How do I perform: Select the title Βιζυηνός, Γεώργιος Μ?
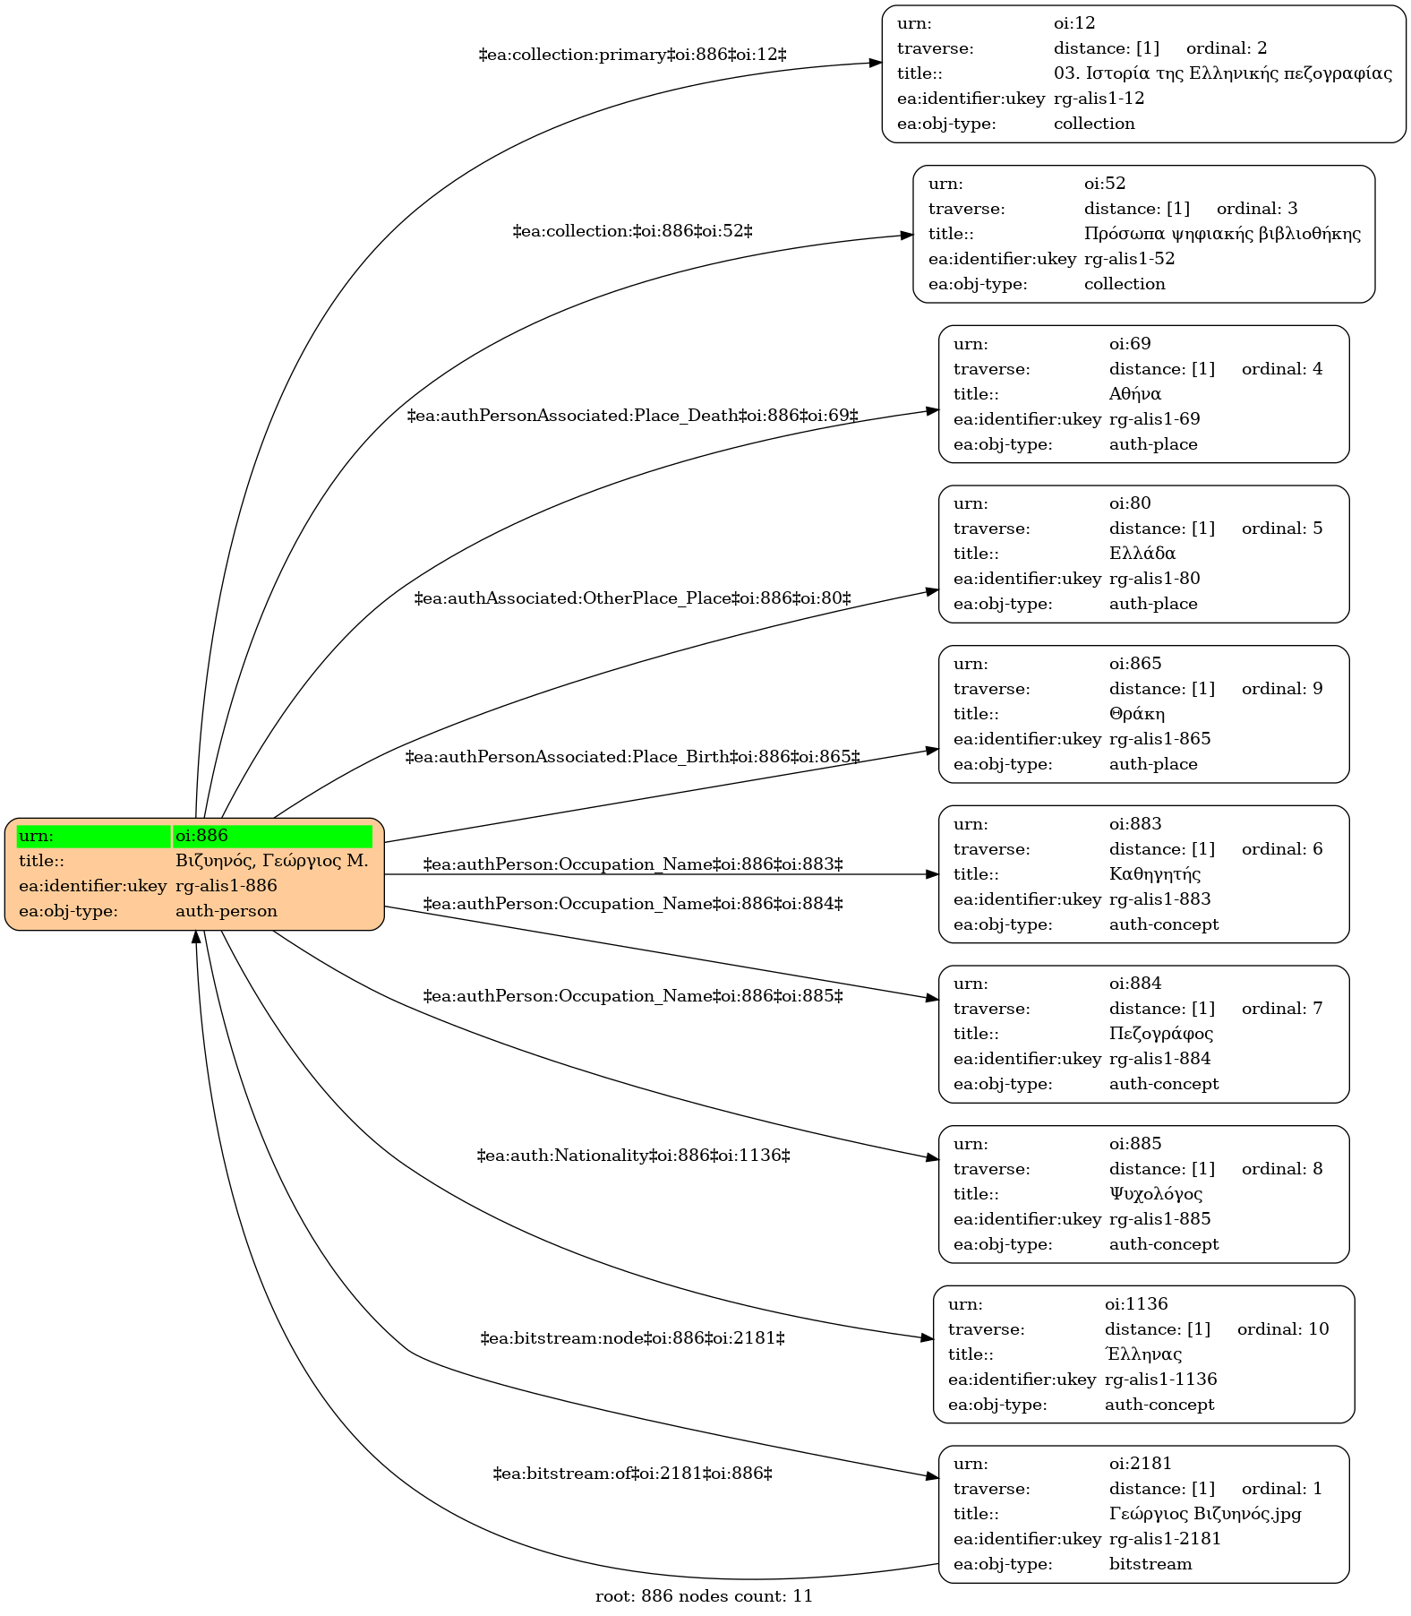pyautogui.click(x=272, y=861)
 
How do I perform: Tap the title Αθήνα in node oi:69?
pyautogui.click(x=1135, y=394)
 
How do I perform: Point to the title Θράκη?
pyautogui.click(x=1137, y=714)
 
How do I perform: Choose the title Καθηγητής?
pyautogui.click(x=1155, y=874)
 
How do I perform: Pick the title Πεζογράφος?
pyautogui.click(x=1161, y=1034)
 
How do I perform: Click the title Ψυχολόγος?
pyautogui.click(x=1156, y=1194)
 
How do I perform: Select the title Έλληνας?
pyautogui.click(x=1143, y=1354)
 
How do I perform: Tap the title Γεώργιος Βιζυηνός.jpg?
pyautogui.click(x=1205, y=1514)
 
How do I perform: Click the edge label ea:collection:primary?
pyautogui.click(x=633, y=55)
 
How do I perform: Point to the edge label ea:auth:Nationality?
pyautogui.click(x=633, y=1156)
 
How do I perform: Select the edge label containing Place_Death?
pyautogui.click(x=633, y=416)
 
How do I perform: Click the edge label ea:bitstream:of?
pyautogui.click(x=633, y=1474)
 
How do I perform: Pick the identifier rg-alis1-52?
pyautogui.click(x=1129, y=259)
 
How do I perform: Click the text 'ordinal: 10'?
pyautogui.click(x=1283, y=1329)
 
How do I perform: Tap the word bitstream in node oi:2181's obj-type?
pyautogui.click(x=1150, y=1564)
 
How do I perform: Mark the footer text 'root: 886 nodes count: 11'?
pyautogui.click(x=704, y=1595)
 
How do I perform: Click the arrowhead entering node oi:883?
pyautogui.click(x=932, y=874)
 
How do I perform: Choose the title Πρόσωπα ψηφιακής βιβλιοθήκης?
pyautogui.click(x=1222, y=234)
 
